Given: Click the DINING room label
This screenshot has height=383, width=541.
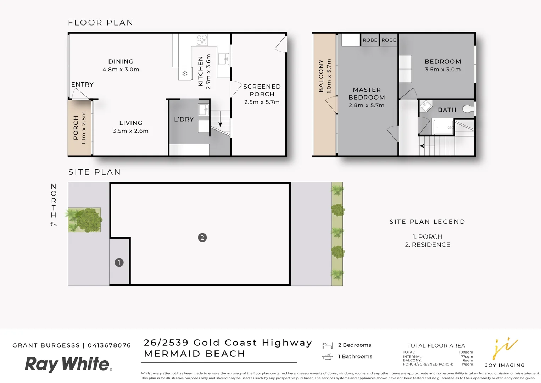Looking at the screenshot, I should click(121, 62).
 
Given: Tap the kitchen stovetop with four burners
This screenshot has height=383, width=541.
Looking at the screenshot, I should click(202, 40).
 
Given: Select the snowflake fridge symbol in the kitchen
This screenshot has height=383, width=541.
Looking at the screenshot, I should click(185, 74).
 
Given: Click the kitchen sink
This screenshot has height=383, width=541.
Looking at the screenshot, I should click(224, 59).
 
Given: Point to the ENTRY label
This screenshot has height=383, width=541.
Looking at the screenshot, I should click(82, 84).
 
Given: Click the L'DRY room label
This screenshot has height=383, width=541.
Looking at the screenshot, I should click(184, 120).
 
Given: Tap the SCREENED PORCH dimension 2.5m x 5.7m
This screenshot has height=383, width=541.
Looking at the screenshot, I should click(262, 102).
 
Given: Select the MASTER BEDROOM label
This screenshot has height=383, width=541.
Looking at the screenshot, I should click(367, 94).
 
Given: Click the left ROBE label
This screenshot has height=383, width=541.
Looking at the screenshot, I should click(370, 40).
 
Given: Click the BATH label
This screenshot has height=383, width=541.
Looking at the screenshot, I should click(447, 110).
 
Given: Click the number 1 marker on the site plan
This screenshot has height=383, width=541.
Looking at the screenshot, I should click(119, 262).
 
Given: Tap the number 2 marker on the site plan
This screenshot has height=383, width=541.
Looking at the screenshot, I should click(202, 238).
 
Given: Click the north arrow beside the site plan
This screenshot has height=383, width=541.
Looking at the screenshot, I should click(54, 224).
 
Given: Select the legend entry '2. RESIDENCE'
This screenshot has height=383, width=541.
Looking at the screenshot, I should click(427, 245).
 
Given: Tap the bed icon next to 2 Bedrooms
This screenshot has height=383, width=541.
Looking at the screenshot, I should click(327, 345).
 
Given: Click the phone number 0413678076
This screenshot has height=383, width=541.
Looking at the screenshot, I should click(109, 345).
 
